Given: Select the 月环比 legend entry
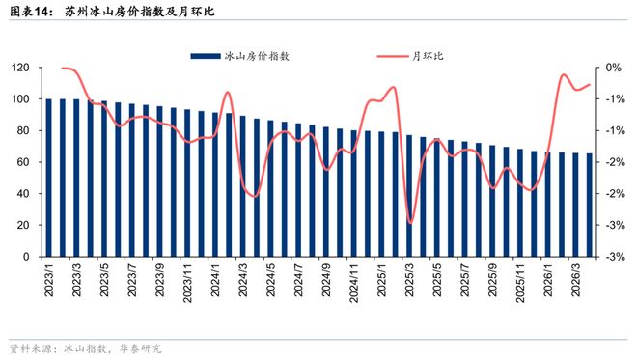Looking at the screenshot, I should tap(428, 56).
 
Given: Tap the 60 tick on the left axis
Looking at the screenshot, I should tap(23, 163).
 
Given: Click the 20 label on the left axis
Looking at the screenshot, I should tap(23, 226).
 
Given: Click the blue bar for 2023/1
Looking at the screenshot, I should tap(48, 178).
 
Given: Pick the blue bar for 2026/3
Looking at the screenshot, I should tap(576, 206).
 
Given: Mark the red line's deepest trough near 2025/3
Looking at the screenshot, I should tap(410, 223).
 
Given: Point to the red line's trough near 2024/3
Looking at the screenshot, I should tap(254, 196).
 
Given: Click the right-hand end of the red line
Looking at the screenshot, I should tap(590, 84).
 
